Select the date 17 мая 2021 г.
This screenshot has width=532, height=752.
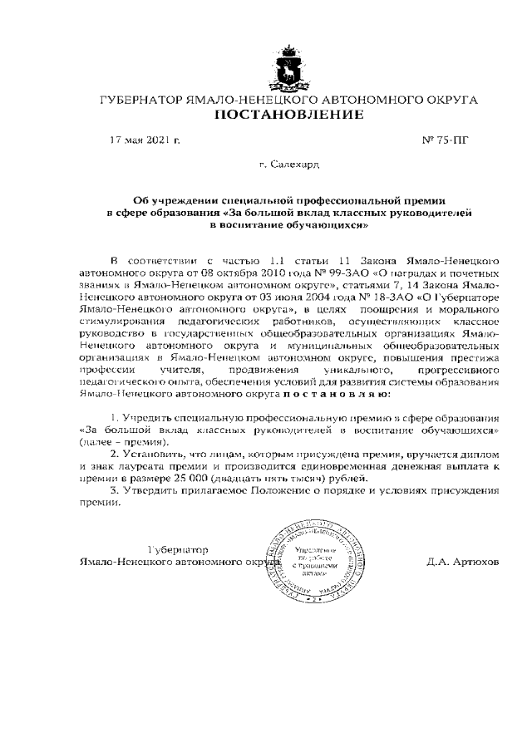pyautogui.click(x=145, y=140)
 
